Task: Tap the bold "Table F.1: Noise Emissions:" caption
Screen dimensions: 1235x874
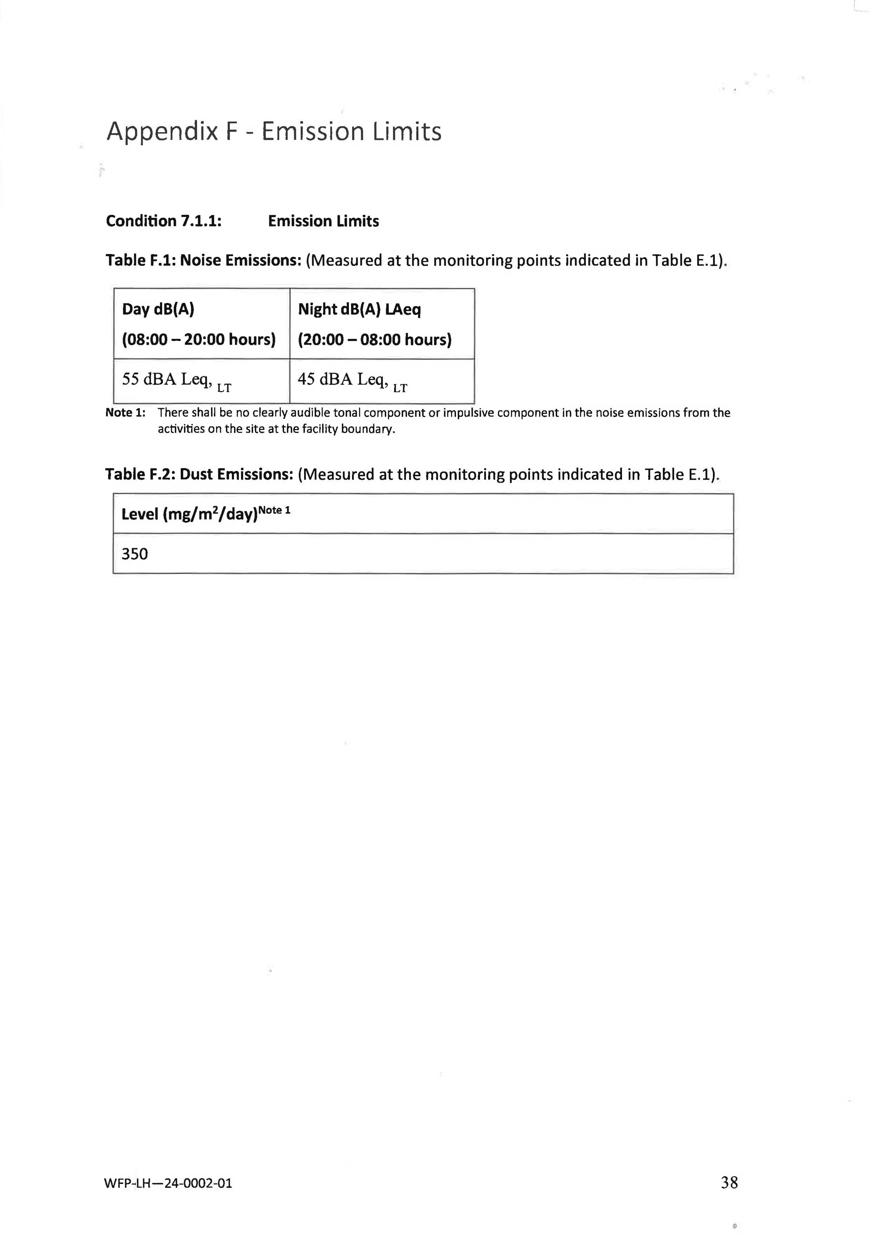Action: click(202, 260)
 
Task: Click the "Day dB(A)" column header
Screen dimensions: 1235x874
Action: click(158, 309)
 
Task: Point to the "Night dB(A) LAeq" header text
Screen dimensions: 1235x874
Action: click(359, 309)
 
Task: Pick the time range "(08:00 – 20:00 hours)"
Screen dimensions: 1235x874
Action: click(198, 340)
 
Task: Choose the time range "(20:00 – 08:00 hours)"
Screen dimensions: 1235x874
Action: click(375, 340)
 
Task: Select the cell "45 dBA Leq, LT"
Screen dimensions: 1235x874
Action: click(352, 380)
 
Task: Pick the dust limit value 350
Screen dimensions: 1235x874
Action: click(135, 554)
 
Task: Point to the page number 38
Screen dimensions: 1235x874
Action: click(729, 1182)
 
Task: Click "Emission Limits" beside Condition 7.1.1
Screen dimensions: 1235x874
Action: click(324, 221)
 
